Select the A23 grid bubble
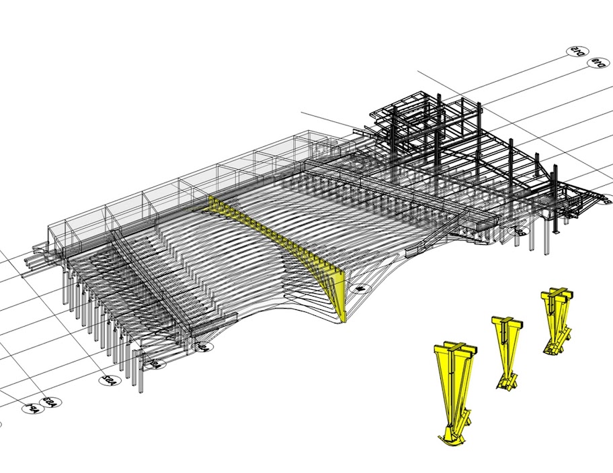click(50, 403)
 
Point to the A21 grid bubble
click(156, 364)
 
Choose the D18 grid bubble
click(596, 63)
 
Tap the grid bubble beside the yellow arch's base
click(360, 288)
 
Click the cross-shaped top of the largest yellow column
click(455, 350)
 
